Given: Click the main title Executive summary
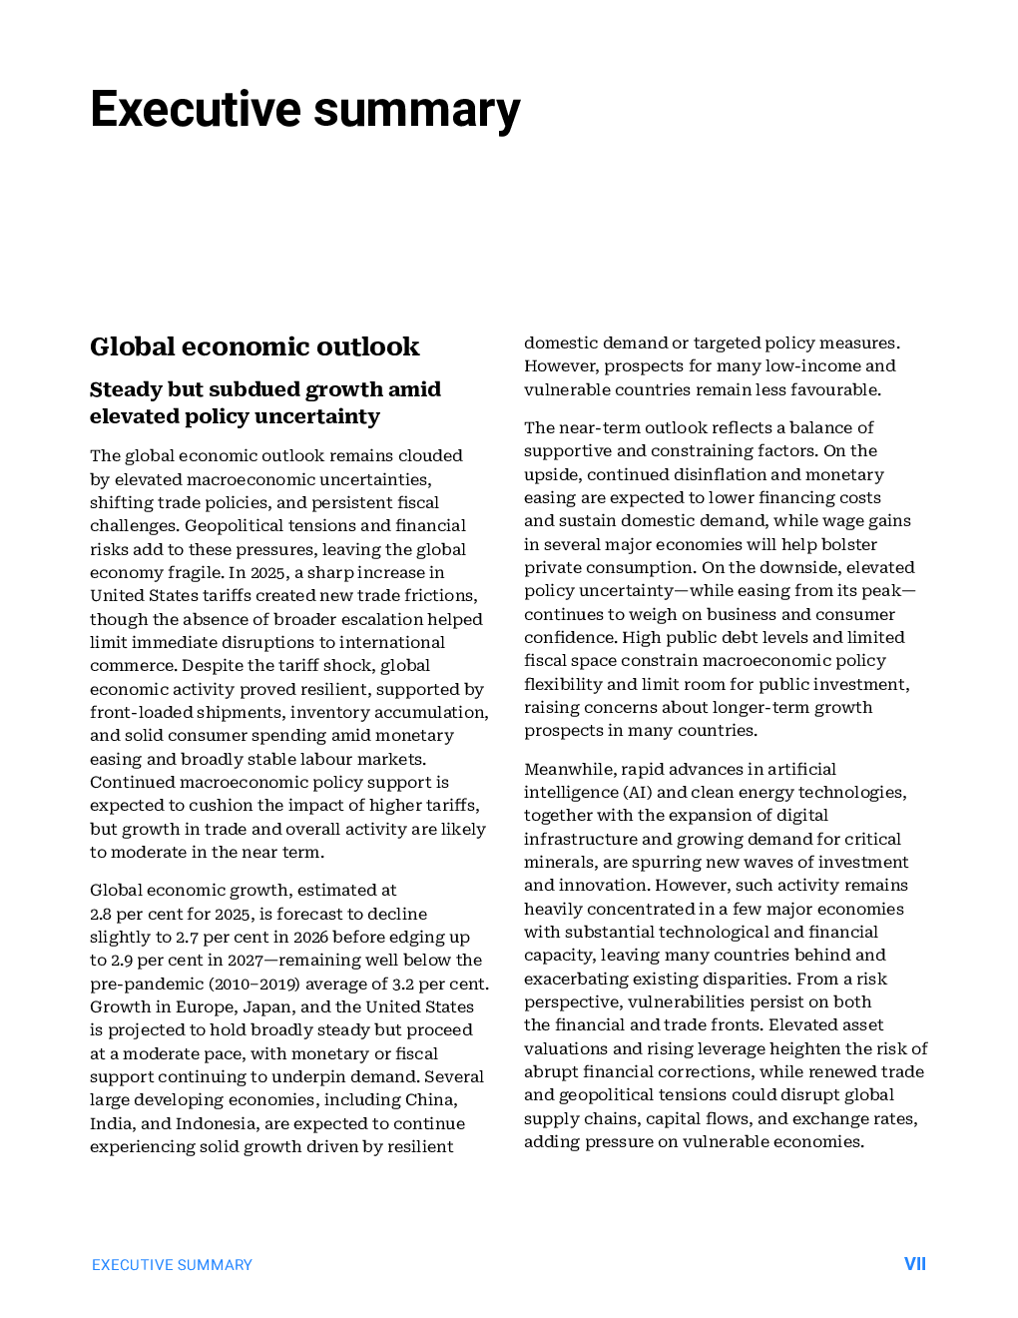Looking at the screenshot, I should (x=304, y=110).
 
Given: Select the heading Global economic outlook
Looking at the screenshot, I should (x=254, y=346).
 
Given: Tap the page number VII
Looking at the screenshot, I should (x=914, y=1264).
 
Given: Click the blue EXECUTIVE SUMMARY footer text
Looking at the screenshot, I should (x=172, y=1265).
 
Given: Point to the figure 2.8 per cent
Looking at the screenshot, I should (x=101, y=914).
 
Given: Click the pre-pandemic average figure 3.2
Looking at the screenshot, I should (x=403, y=984).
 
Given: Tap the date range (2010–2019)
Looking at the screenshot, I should (x=254, y=984).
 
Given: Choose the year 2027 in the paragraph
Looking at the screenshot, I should (x=245, y=960).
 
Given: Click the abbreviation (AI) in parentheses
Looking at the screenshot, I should (x=638, y=792).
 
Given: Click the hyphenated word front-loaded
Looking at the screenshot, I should (x=139, y=712).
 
